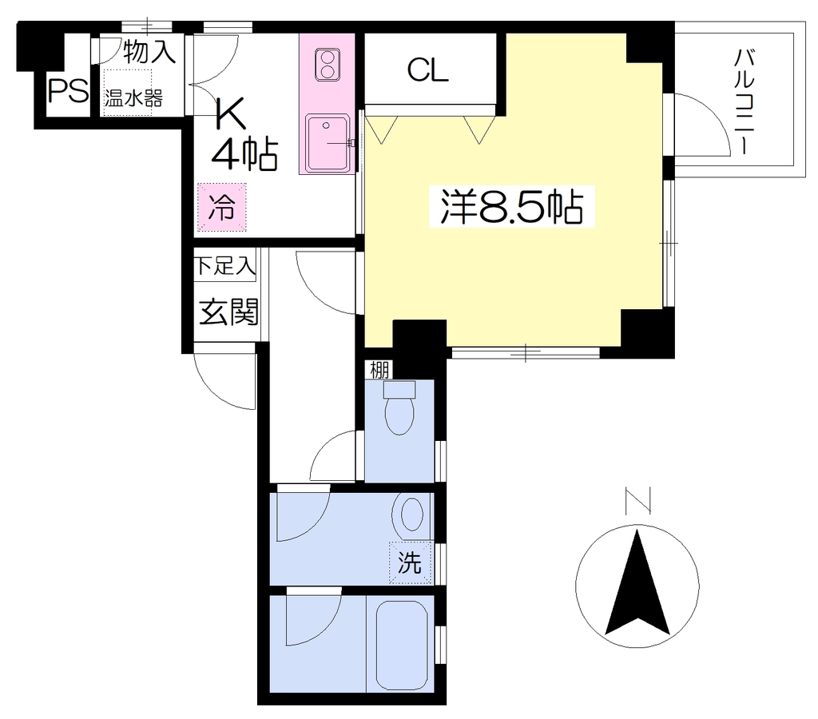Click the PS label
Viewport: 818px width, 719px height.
tap(68, 92)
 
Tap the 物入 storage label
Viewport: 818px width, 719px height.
tap(149, 51)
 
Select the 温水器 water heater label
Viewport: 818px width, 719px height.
tap(133, 98)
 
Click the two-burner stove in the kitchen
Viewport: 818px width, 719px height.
tap(327, 65)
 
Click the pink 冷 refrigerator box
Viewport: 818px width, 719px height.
tap(222, 207)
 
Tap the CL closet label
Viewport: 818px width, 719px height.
tap(428, 70)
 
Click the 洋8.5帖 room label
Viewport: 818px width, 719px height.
tap(512, 206)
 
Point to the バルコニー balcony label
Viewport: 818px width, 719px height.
tap(745, 101)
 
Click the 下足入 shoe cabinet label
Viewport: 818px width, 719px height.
tap(224, 265)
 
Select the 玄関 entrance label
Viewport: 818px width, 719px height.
tap(228, 312)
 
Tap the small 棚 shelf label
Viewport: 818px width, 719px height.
tap(379, 370)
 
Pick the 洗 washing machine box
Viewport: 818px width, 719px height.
tap(410, 562)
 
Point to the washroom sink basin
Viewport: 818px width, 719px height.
tap(412, 514)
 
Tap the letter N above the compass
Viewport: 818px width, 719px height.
tap(637, 500)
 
